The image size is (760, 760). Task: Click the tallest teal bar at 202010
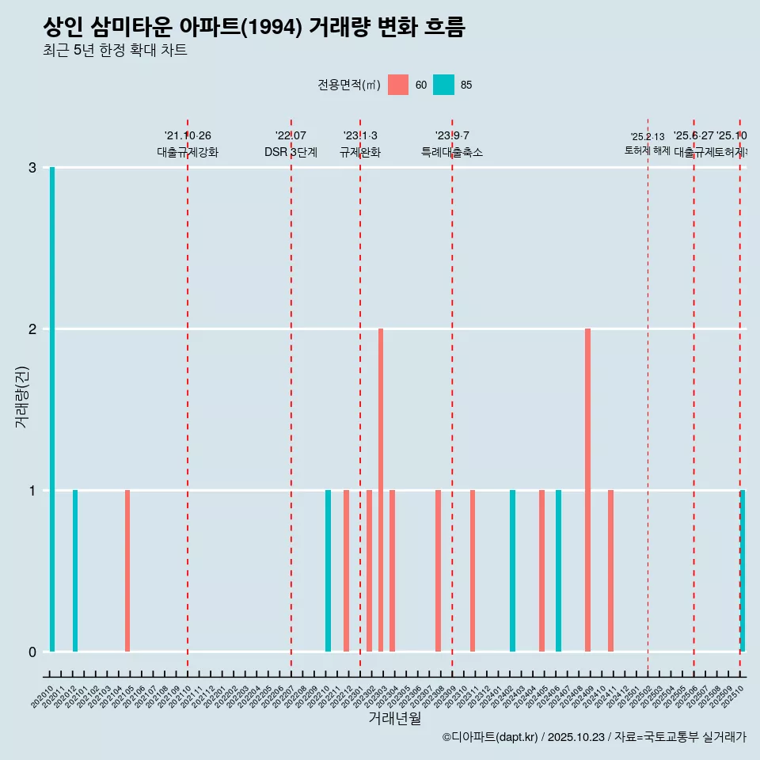pos(52,409)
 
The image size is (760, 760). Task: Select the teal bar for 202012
pos(75,571)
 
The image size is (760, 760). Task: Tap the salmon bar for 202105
pos(127,571)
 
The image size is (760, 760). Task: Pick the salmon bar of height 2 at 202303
pos(381,490)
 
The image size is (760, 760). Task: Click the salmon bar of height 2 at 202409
pos(587,490)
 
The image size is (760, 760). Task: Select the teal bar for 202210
pos(329,571)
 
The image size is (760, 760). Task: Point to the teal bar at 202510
pos(743,571)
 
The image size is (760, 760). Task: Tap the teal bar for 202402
pos(512,571)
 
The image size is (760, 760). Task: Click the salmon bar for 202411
pos(610,571)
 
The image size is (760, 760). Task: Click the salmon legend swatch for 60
pos(398,85)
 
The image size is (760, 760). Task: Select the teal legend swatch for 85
pos(444,85)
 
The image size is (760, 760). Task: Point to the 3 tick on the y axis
pos(32,168)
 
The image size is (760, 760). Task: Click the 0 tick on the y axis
pos(32,652)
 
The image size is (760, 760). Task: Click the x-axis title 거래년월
pos(394,718)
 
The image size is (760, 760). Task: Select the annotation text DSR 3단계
pos(291,152)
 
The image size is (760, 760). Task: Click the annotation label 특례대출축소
pos(451,152)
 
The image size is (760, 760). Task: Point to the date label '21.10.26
pos(188,135)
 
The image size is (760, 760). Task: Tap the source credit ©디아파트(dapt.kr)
pos(491,738)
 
